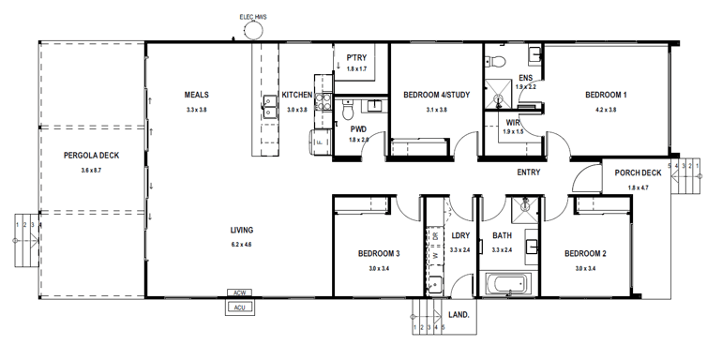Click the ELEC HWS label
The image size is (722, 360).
[x=252, y=15]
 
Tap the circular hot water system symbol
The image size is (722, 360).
[x=253, y=31]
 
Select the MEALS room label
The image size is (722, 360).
[x=196, y=96]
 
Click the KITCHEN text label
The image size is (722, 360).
[x=296, y=96]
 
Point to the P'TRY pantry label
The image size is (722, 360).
[x=355, y=58]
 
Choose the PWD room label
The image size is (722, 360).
[x=358, y=128]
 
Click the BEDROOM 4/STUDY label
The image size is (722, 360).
[x=436, y=96]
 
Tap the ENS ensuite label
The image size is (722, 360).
[x=525, y=77]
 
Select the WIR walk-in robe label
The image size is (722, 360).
[x=513, y=122]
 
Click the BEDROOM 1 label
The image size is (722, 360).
[x=606, y=96]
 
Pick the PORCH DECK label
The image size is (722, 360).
[x=638, y=173]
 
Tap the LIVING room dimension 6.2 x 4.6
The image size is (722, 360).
[x=242, y=245]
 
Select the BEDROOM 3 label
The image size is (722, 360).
[x=379, y=254]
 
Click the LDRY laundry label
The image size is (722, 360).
[x=459, y=236]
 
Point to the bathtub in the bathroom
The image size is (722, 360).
[x=506, y=285]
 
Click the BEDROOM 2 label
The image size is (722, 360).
[x=585, y=254]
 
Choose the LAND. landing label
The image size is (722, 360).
[x=459, y=316]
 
